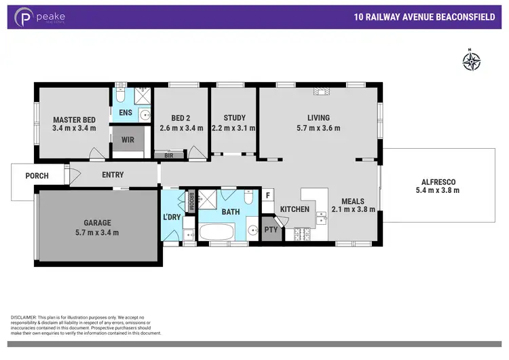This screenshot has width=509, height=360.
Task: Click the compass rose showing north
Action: [x=471, y=61]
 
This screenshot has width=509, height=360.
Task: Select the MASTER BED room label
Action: [x=74, y=120]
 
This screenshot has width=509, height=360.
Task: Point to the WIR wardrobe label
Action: [x=128, y=140]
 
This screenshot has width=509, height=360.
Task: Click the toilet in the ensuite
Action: [x=121, y=94]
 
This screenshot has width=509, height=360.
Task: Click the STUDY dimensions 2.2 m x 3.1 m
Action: [x=233, y=128]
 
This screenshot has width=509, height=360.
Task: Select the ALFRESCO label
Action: [x=440, y=181]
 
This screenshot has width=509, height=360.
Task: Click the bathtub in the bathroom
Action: [x=216, y=232]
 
